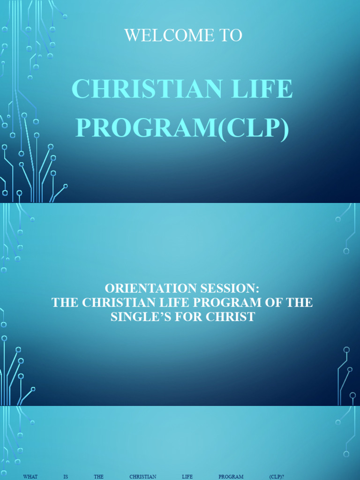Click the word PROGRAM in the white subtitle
[238, 302]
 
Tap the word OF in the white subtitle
[280, 302]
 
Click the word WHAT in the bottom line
[30, 477]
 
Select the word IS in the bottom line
[66, 477]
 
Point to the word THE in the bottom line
[98, 477]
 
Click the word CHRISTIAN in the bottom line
[143, 477]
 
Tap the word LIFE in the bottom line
[187, 477]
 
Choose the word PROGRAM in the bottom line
[231, 477]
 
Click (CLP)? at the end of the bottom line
[277, 477]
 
